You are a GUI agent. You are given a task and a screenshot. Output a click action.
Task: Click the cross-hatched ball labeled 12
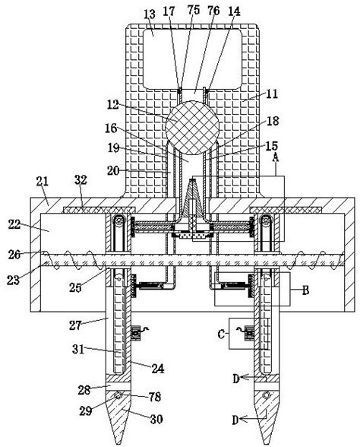pyautogui.click(x=192, y=128)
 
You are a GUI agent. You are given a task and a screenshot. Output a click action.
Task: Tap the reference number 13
pyautogui.click(x=149, y=14)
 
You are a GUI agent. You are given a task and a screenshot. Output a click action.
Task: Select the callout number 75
pyautogui.click(x=194, y=10)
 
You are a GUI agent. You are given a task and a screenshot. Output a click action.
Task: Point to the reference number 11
pyautogui.click(x=272, y=94)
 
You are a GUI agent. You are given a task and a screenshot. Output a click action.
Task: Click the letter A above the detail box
pyautogui.click(x=275, y=157)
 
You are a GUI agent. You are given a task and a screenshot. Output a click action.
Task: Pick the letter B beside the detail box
pyautogui.click(x=305, y=290)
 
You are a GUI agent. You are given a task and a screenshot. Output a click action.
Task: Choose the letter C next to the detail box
pyautogui.click(x=221, y=334)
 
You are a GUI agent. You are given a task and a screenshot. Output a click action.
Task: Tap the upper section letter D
pyautogui.click(x=235, y=379)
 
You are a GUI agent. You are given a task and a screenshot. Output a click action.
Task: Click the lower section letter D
pyautogui.click(x=235, y=420)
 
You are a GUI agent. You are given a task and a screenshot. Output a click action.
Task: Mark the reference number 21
pyautogui.click(x=43, y=181)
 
